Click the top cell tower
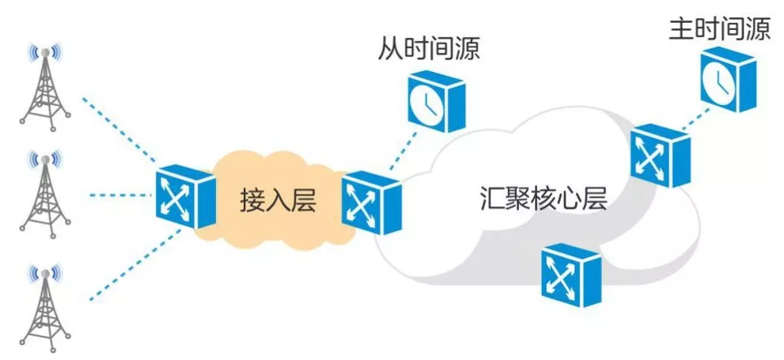tap(45, 87)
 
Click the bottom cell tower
tap(45, 305)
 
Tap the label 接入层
tap(278, 200)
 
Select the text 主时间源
tap(719, 30)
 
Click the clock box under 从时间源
tap(434, 100)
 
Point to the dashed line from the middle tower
tap(119, 195)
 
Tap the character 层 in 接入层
tap(303, 200)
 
